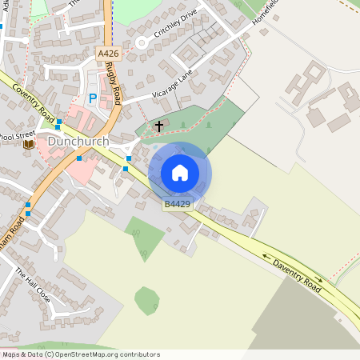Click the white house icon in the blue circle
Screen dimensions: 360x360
point(180,173)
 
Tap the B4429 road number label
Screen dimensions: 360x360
point(178,205)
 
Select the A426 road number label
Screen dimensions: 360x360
point(108,53)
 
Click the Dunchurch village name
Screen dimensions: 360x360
point(78,142)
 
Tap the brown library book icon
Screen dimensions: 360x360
point(29,144)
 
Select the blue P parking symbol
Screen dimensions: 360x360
point(92,98)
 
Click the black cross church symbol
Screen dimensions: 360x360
point(158,126)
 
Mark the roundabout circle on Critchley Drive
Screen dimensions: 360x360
point(142,42)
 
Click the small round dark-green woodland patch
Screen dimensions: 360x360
point(146,300)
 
